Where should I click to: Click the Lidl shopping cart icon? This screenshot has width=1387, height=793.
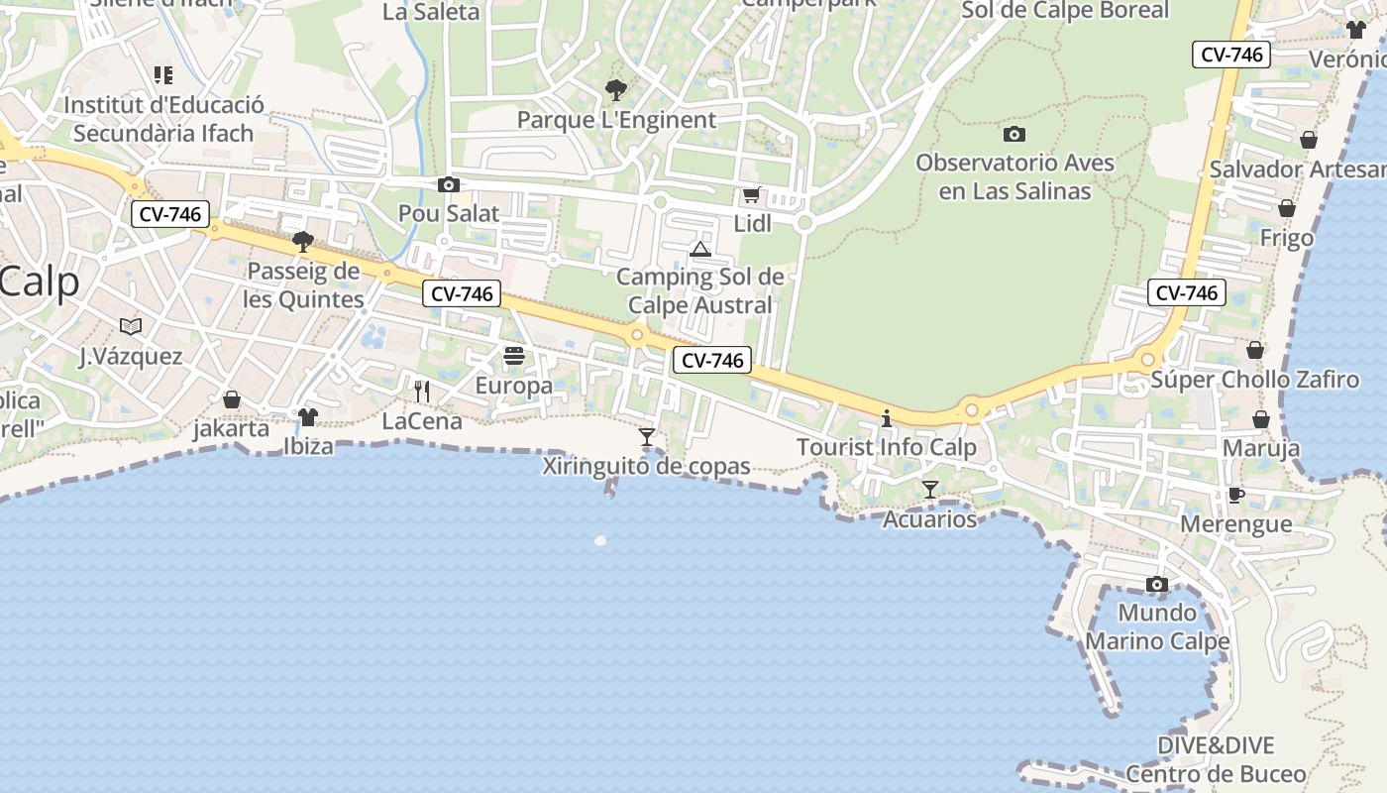click(751, 195)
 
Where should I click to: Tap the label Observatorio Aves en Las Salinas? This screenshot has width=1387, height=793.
click(1014, 176)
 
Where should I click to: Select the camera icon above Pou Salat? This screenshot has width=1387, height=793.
click(449, 184)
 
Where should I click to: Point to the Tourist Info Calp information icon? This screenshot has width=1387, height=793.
click(887, 418)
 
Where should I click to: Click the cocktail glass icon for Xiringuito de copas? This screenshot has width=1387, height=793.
click(647, 436)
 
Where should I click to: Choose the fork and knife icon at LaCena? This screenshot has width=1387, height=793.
click(422, 392)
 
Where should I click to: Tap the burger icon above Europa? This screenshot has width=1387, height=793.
click(513, 356)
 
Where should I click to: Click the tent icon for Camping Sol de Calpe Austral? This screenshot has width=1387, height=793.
click(700, 249)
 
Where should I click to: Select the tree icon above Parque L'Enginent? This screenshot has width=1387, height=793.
click(615, 90)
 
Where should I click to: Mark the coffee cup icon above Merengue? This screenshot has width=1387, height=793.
click(1235, 495)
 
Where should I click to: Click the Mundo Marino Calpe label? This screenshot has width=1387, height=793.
click(1157, 626)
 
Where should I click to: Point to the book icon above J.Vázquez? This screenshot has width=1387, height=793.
click(131, 326)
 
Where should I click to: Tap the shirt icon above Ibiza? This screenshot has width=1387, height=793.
click(308, 417)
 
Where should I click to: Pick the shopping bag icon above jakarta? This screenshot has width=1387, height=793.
click(232, 399)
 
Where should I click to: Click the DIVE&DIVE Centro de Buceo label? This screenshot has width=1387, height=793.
click(1216, 759)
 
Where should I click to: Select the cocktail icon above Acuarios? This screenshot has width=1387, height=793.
click(930, 489)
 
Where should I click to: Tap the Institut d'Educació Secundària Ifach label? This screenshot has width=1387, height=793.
click(163, 119)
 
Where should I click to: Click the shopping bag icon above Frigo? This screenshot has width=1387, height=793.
click(1286, 208)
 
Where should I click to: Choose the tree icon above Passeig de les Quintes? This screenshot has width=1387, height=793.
click(303, 241)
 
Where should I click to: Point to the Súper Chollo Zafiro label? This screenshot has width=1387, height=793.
click(1254, 380)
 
